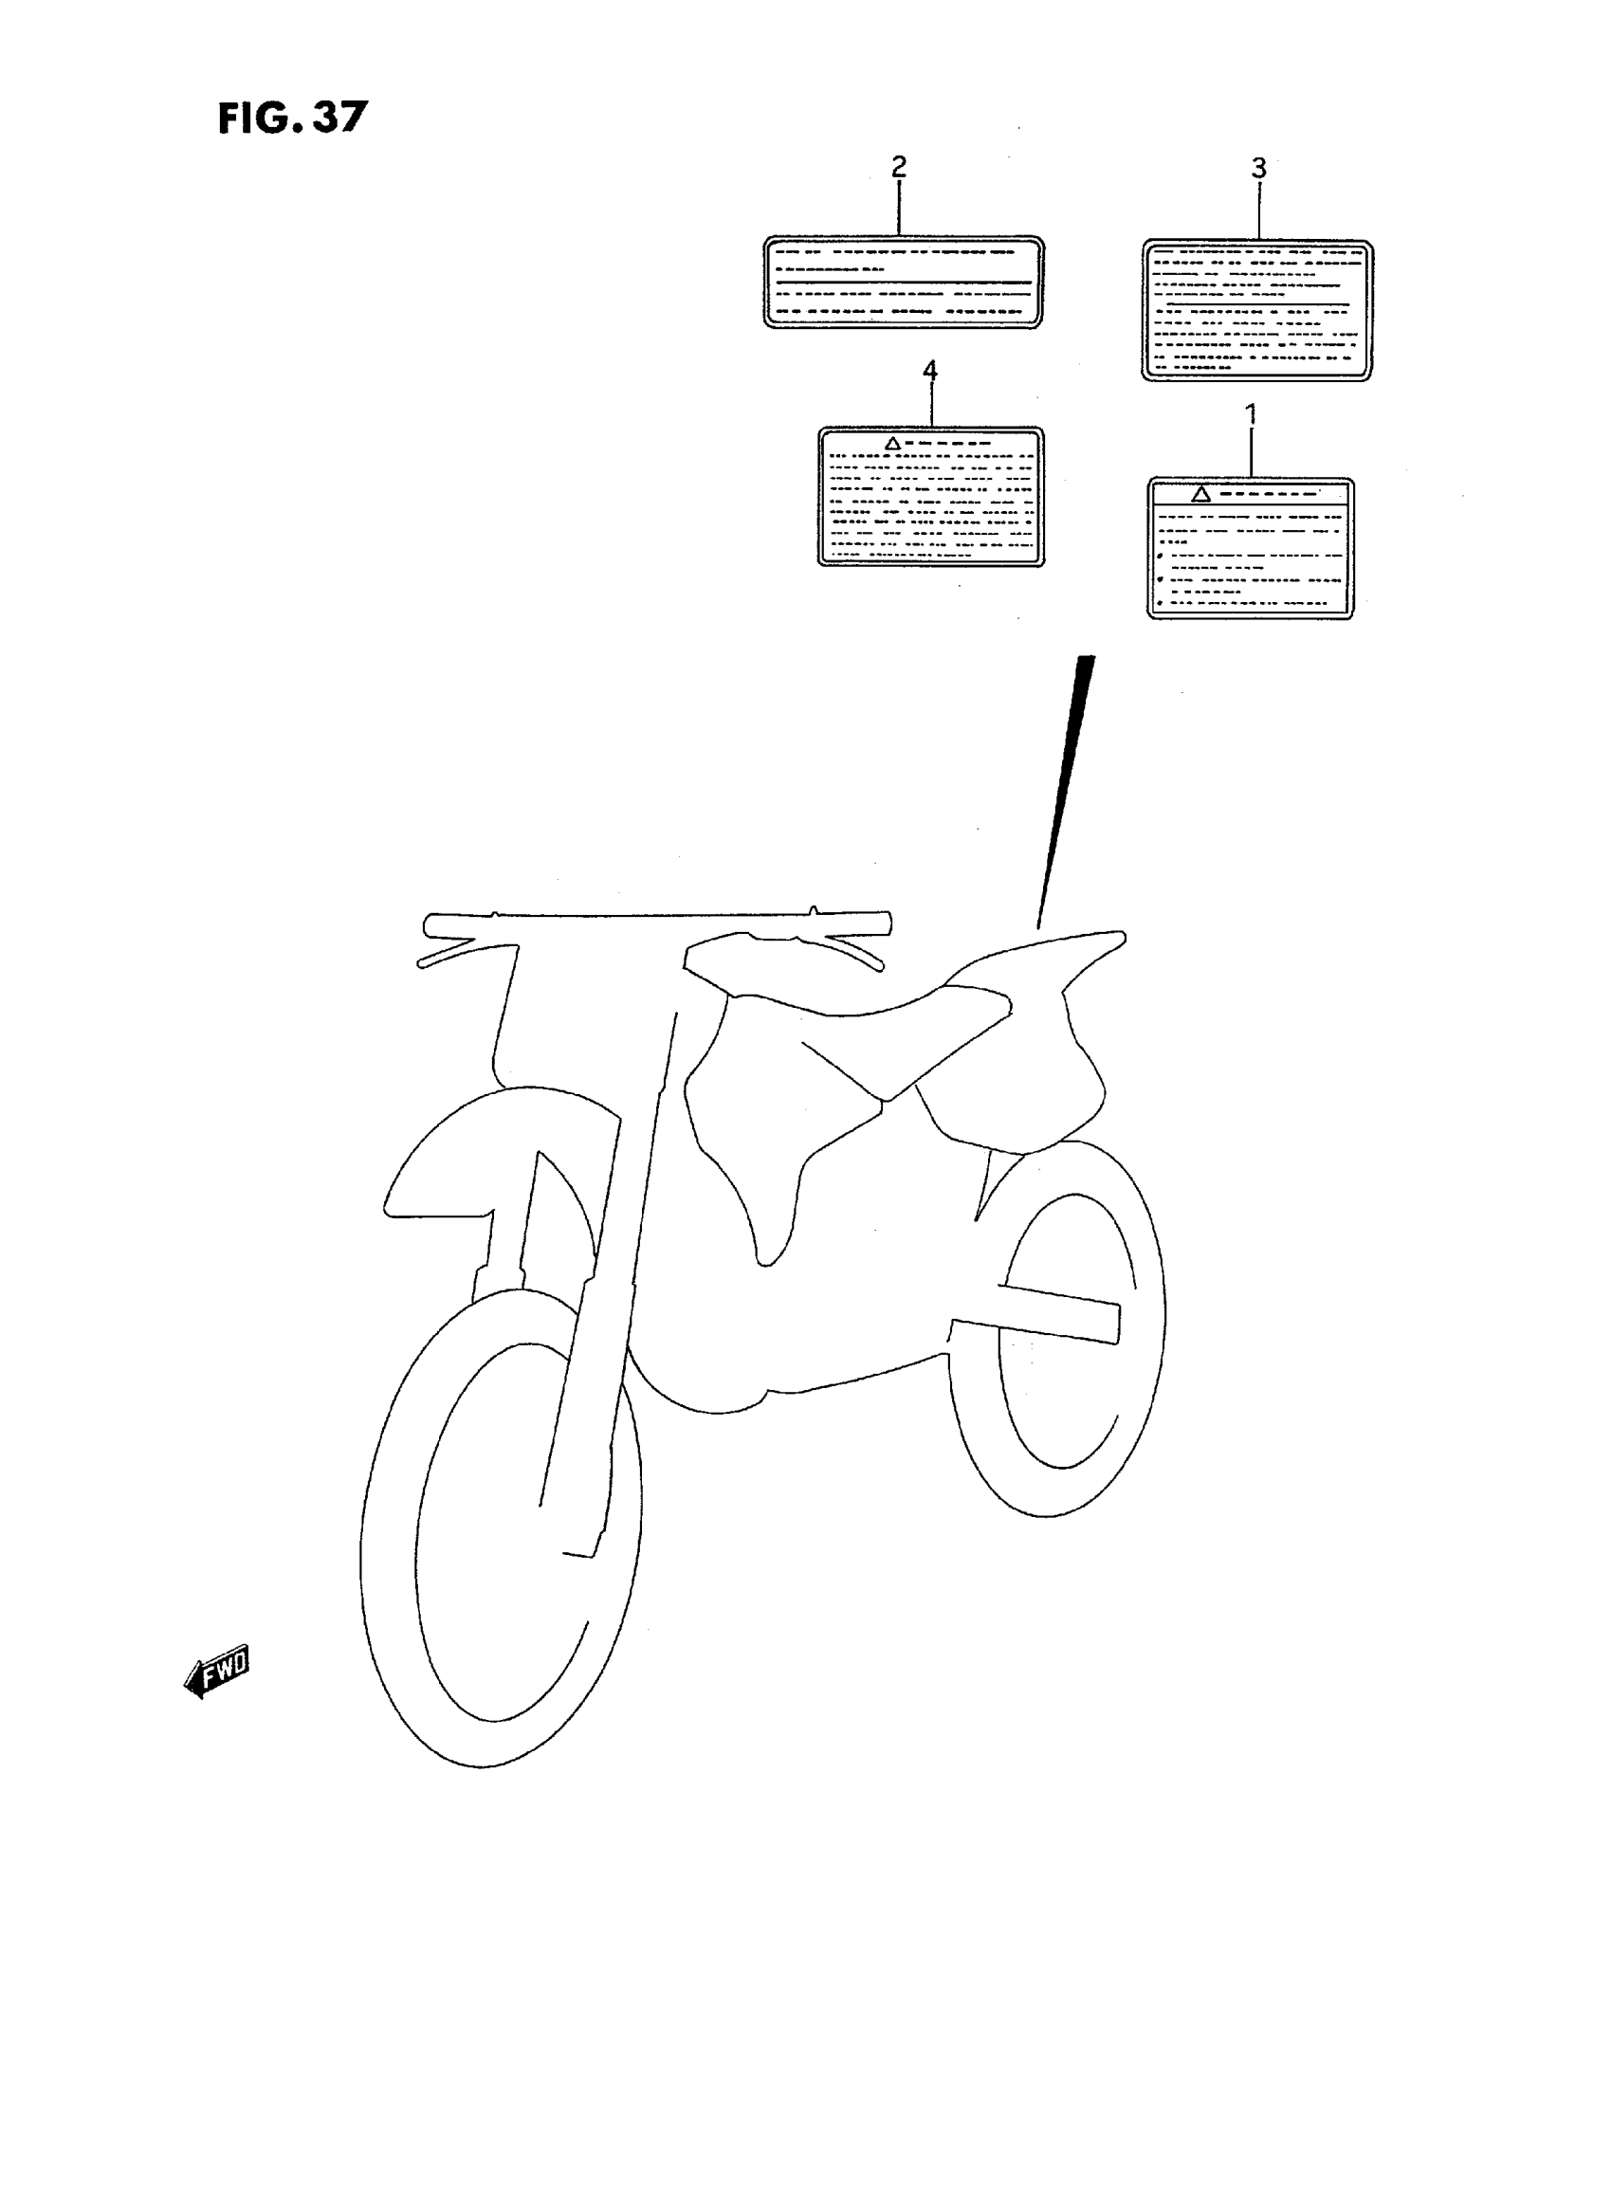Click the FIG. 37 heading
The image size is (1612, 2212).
tap(292, 119)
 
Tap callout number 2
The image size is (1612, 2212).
tap(899, 167)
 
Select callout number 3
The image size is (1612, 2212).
tap(1258, 169)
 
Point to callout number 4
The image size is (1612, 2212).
tap(930, 371)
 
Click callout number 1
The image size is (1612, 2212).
tap(1251, 414)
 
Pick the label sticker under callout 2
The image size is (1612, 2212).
tap(903, 282)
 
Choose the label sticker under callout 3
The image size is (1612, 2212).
tap(1256, 309)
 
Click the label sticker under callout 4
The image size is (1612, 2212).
tap(930, 497)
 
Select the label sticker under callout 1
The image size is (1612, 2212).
tap(1250, 548)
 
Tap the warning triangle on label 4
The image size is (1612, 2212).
tap(892, 444)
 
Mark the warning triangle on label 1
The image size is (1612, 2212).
tap(1201, 494)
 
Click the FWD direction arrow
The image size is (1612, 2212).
tap(216, 1675)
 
